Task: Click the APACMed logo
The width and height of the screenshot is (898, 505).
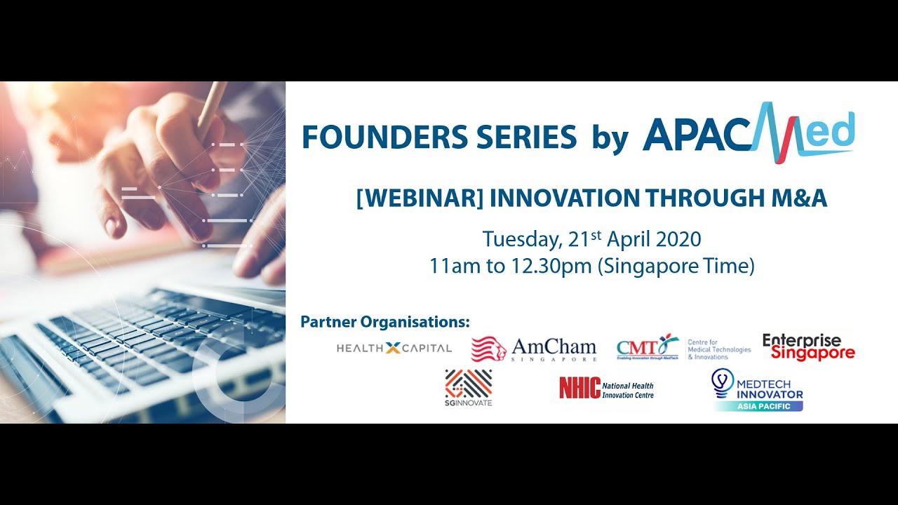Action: point(748,133)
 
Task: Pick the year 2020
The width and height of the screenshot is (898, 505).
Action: point(678,239)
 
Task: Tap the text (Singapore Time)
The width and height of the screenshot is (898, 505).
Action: point(676,267)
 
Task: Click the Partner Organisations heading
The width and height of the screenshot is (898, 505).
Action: point(384,322)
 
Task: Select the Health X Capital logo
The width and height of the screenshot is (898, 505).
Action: point(394,348)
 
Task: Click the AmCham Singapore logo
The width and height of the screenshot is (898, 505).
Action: point(534,349)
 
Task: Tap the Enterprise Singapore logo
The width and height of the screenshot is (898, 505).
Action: point(808,347)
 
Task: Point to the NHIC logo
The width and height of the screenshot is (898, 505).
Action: point(606,388)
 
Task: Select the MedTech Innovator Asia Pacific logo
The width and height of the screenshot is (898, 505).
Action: point(758,390)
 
